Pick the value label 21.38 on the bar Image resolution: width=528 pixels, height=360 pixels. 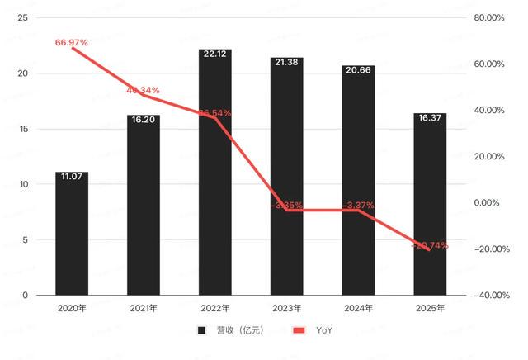tap(286, 62)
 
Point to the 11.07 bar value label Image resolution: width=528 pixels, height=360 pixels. tap(72, 176)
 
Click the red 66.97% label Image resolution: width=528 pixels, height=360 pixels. tap(72, 42)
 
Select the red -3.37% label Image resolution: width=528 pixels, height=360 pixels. tap(358, 205)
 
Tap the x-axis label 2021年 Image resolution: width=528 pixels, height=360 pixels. tap(144, 309)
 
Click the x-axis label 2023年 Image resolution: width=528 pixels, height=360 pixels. tap(286, 309)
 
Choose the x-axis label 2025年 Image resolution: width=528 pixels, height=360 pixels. tap(430, 309)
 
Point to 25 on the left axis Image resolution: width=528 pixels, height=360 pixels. tap(22, 18)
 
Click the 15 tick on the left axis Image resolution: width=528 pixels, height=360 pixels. tap(22, 129)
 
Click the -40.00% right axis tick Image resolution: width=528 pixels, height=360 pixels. tap(488, 296)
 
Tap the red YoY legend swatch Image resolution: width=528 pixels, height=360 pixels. tap(299, 331)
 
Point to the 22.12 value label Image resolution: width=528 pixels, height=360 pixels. tap(215, 54)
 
